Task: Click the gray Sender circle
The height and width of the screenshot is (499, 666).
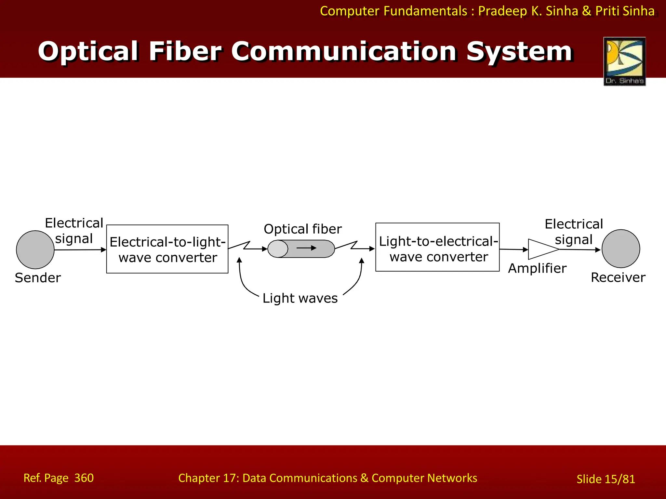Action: pos(35,249)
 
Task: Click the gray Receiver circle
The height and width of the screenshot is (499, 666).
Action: pos(620,249)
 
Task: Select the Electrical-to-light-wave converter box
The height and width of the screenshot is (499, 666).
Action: pos(167,249)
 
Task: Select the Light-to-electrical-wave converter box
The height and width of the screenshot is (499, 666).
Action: pos(437,247)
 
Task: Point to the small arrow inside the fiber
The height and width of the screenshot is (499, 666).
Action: pos(306,248)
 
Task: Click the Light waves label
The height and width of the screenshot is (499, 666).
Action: pos(300,298)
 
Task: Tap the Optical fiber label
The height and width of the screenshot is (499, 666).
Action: pos(302,229)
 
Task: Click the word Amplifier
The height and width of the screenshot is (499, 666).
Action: pos(537,268)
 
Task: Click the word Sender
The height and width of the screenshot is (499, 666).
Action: pos(38,278)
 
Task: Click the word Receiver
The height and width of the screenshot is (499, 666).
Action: pos(618,277)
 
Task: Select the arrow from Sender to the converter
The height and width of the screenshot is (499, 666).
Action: pos(80,250)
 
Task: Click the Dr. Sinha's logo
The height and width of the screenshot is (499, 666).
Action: pos(624,61)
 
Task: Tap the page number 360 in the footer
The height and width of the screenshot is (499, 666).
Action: pos(84,478)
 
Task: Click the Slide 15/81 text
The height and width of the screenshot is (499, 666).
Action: pos(606,479)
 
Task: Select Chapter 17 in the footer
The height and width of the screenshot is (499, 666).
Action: pos(208,478)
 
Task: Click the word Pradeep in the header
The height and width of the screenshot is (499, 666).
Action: pos(502,11)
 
